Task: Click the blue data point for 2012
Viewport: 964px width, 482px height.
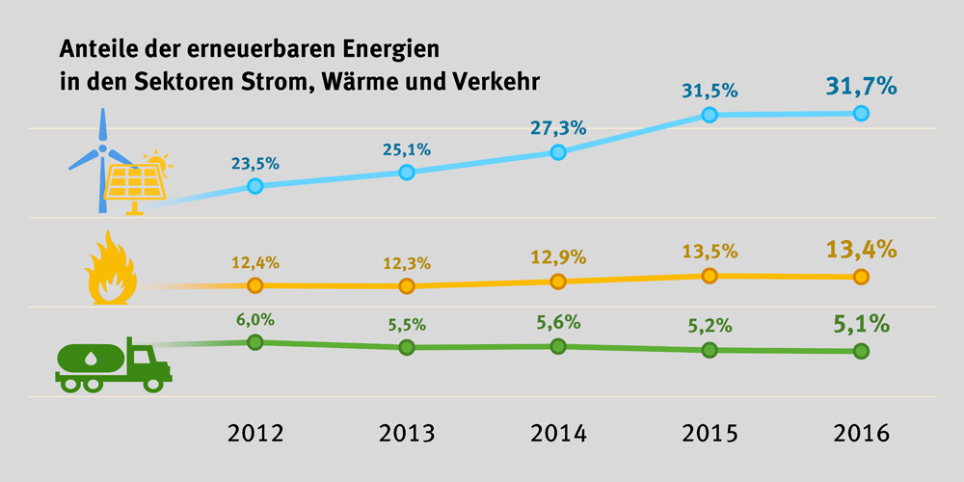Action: coord(254,185)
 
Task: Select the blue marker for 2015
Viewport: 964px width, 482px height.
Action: coord(710,115)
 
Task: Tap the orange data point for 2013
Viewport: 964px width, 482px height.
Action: coord(406,285)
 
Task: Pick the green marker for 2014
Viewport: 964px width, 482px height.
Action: coord(557,344)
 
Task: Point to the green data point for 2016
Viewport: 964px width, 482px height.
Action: coord(861,350)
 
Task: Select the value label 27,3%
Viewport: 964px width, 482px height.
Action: coord(557,127)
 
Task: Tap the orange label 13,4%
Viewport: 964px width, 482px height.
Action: coord(861,250)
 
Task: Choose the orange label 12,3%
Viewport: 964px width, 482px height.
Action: coord(406,262)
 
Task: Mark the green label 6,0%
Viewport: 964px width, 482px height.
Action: coord(254,317)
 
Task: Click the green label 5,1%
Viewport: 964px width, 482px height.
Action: coord(861,323)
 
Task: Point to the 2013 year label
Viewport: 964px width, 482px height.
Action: coord(406,433)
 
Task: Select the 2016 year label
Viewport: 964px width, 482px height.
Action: coord(861,433)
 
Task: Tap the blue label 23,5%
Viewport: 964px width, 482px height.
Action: coord(254,162)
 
